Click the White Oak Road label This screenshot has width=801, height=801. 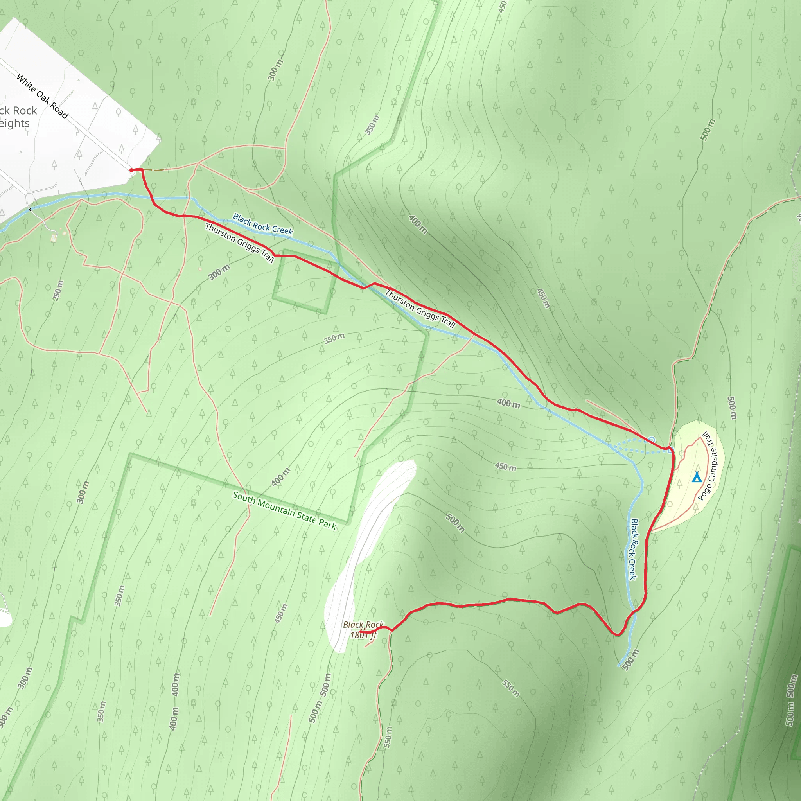42,96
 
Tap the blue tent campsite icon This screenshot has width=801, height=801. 697,478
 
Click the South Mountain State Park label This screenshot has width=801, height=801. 284,510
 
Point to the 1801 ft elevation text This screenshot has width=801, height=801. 364,635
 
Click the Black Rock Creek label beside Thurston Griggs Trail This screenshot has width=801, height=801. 263,224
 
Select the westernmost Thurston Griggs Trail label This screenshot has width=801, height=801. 239,243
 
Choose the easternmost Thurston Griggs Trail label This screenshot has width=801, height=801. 420,309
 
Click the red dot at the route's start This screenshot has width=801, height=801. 131,170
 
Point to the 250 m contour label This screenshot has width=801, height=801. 58,290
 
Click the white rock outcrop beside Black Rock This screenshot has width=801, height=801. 365,551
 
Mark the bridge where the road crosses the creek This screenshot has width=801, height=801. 30,209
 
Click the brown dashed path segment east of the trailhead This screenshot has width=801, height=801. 154,170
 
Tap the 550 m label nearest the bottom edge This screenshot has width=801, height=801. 387,737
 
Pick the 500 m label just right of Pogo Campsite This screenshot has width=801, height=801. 732,408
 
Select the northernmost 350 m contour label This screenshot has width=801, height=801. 372,125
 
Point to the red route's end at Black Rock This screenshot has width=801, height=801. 362,631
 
